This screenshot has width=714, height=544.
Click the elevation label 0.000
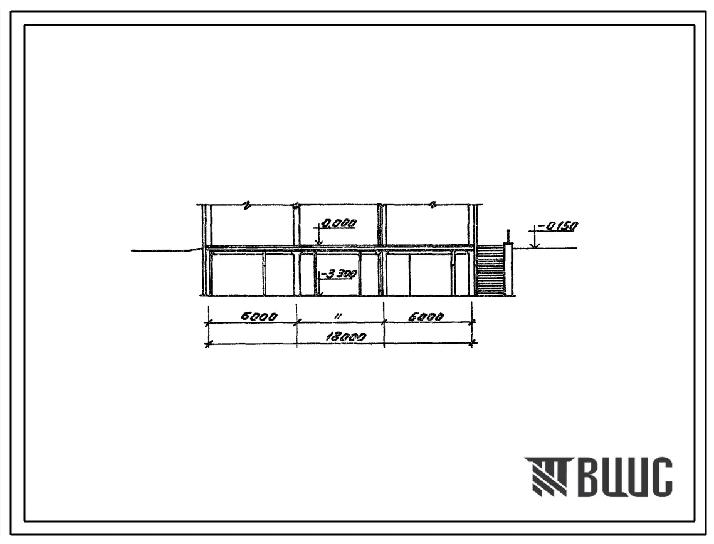coord(339,223)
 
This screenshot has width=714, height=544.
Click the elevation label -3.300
coord(339,274)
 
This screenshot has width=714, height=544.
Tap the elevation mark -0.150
coord(559,225)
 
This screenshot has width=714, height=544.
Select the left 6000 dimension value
coord(259,316)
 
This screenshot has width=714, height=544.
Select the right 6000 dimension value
coord(426,316)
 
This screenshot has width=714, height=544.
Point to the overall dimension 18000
coord(345,337)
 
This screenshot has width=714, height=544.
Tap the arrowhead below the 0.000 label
coord(319,243)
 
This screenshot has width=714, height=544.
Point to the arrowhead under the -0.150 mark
coord(535,245)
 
